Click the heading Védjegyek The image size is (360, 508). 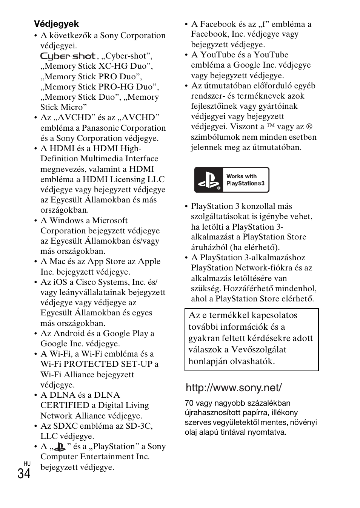pos(57,24)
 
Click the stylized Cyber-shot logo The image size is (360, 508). pos(68,56)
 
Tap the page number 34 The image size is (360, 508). pos(24,474)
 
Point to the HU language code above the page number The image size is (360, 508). pos(27,463)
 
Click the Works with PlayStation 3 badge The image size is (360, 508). pos(231,180)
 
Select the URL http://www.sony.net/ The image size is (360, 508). pos(234,388)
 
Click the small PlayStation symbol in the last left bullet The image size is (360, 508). pos(59,447)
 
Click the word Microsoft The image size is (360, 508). pos(110,221)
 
